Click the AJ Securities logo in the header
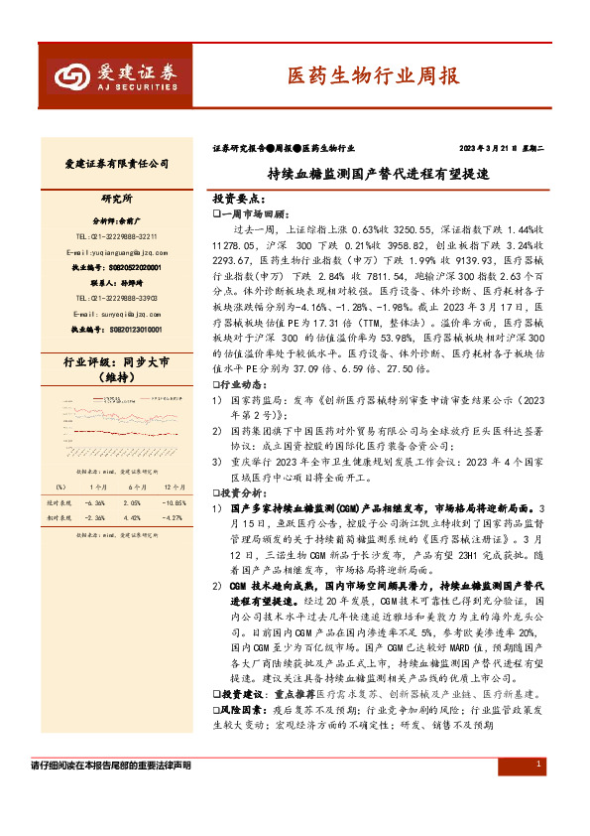(116, 75)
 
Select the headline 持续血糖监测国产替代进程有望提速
(378, 172)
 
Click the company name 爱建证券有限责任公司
(117, 163)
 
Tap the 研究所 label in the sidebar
(116, 199)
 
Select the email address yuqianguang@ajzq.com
(116, 252)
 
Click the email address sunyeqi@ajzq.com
(116, 313)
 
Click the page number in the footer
(537, 792)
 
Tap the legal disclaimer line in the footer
(111, 793)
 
